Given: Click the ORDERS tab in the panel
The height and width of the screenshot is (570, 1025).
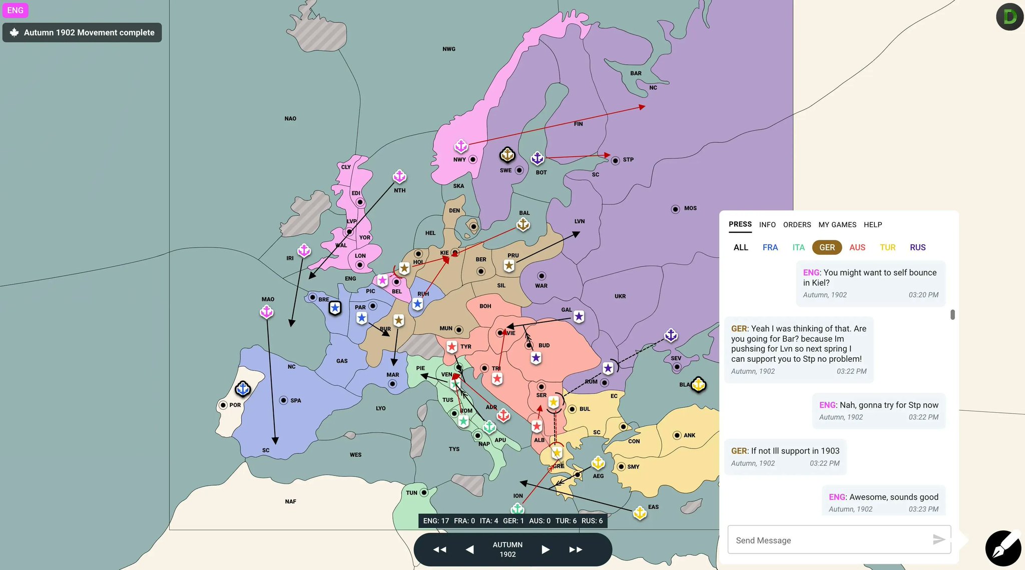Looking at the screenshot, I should coord(797,225).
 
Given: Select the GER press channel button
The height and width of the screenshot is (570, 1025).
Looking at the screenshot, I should coord(827,247).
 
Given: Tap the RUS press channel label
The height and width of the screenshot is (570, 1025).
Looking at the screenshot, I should coord(917,247).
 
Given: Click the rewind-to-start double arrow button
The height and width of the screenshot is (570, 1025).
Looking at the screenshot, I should coord(439,549).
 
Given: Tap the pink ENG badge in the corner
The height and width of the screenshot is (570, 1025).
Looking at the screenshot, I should coord(15,10).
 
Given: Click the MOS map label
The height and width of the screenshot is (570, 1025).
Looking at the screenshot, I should coord(690,208).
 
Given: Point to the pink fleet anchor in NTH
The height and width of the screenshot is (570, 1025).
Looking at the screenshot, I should coord(399,176).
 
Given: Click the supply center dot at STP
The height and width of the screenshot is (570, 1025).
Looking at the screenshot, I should coord(615,161).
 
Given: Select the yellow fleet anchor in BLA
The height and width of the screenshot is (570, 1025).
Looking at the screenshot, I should coord(698,384).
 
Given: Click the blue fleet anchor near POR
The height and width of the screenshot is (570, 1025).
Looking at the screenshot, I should coord(243,388).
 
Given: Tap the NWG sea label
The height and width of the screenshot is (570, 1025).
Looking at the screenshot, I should coord(449,49).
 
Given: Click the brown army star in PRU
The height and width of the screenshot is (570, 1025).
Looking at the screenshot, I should coord(509,266).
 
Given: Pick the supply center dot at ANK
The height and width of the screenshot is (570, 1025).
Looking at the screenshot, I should coord(677,435).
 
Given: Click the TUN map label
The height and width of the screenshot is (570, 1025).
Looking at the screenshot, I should coord(411,493).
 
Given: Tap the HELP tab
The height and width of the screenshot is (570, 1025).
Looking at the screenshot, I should coord(872,225).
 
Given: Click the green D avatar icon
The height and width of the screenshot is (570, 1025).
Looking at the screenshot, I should coord(1009,17).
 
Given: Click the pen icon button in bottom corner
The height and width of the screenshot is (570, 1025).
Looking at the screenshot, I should coord(1003,548).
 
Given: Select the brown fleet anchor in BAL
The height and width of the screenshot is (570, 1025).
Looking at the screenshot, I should coord(523,225).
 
